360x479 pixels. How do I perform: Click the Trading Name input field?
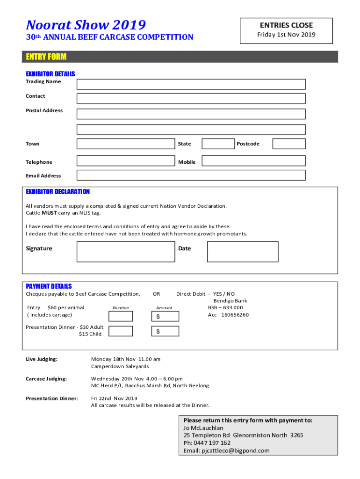(191, 84)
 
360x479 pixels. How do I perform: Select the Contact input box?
(191, 99)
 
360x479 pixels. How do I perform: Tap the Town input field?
(125, 144)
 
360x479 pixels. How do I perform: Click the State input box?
(217, 144)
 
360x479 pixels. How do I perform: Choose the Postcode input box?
(288, 144)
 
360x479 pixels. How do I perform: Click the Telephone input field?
(125, 161)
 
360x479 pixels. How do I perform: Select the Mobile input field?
(253, 161)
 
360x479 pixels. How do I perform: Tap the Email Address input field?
(191, 175)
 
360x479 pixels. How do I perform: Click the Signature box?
(125, 252)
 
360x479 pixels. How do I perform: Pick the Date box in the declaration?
(242, 252)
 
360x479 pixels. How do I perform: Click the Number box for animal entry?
(121, 317)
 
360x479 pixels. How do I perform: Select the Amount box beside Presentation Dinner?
(165, 331)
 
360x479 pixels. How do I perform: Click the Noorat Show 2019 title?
(86, 25)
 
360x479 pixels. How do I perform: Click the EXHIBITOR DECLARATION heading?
(58, 192)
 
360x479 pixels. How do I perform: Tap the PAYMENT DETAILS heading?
(49, 286)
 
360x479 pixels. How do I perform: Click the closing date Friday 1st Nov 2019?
(286, 35)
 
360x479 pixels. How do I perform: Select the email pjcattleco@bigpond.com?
(235, 450)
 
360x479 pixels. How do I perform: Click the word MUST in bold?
(49, 213)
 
